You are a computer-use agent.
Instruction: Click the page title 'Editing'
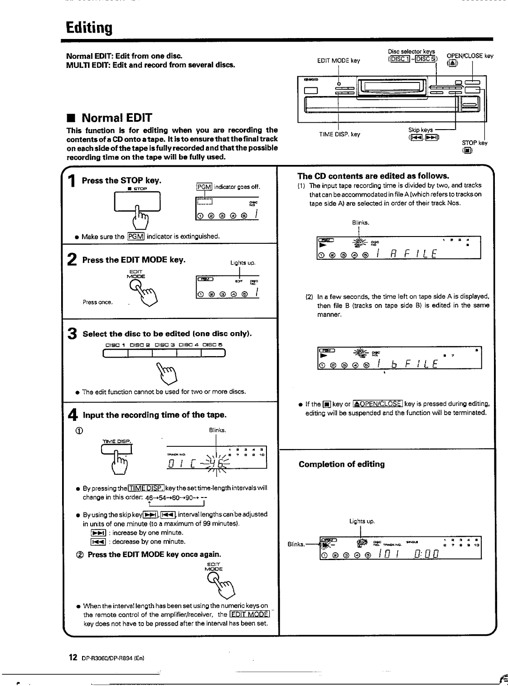pyautogui.click(x=89, y=28)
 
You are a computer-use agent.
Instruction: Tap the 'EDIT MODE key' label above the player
pyautogui.click(x=339, y=60)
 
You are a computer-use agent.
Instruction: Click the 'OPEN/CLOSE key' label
pyautogui.click(x=469, y=56)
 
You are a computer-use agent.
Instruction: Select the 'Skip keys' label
pyautogui.click(x=420, y=130)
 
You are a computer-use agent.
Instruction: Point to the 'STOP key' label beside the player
pyautogui.click(x=474, y=143)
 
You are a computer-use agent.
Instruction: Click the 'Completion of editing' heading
pyautogui.click(x=341, y=464)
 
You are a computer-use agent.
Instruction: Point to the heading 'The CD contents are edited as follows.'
pyautogui.click(x=373, y=176)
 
